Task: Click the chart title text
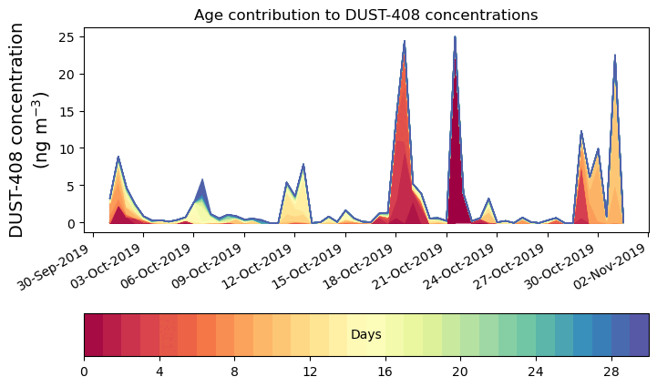365,15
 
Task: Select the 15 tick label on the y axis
69,111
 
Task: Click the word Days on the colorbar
365,335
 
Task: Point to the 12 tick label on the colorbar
310,372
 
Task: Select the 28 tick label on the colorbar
611,372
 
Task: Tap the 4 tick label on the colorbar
159,372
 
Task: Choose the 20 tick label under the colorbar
460,372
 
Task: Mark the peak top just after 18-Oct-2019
404,44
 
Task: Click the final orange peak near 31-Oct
615,58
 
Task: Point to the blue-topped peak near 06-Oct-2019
202,181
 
